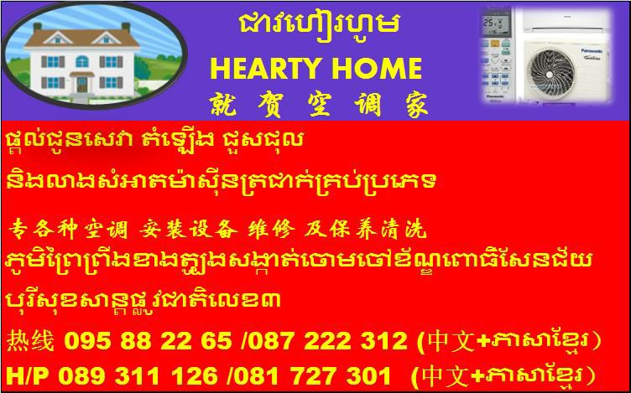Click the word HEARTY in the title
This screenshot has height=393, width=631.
[265, 69]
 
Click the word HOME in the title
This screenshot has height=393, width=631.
[375, 69]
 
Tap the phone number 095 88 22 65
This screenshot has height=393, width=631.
[148, 342]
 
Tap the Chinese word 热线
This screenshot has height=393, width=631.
[30, 342]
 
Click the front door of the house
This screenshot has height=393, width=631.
[81, 85]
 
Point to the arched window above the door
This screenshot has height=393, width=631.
[81, 61]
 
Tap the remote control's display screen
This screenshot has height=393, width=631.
[495, 24]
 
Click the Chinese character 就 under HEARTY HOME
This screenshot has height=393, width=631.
[223, 105]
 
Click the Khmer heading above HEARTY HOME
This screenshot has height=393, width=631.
[319, 25]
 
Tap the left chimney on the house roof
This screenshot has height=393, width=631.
[37, 28]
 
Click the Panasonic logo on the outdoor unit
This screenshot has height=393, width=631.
[591, 50]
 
